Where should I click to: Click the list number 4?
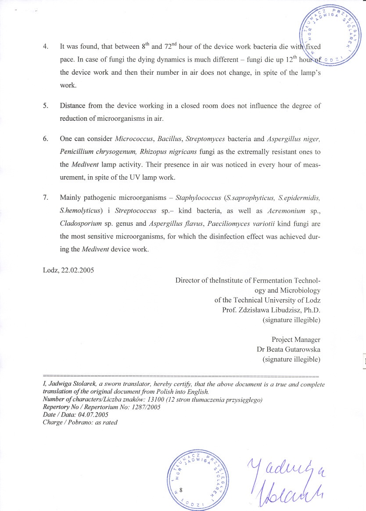pyautogui.click(x=45, y=46)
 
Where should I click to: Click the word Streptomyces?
pyautogui.click(x=205, y=139)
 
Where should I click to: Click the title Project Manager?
pyautogui.click(x=296, y=340)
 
